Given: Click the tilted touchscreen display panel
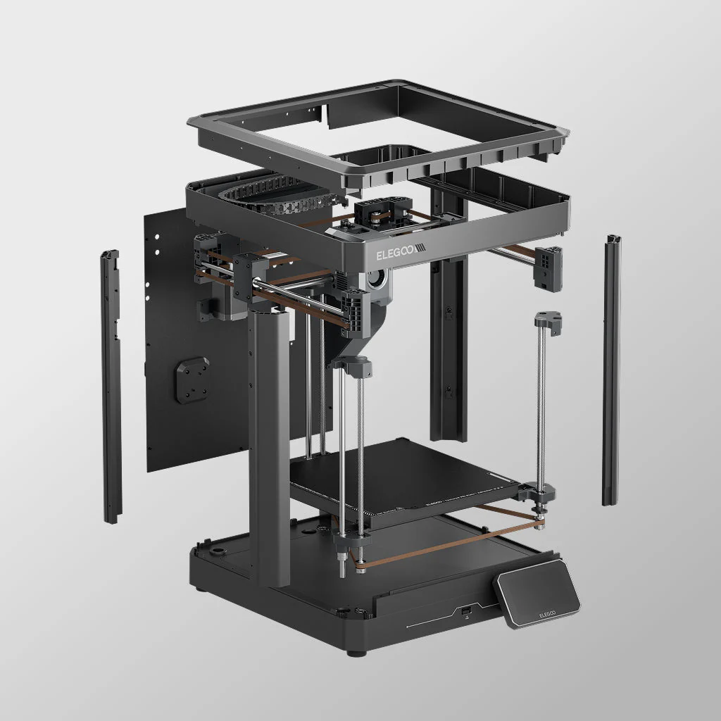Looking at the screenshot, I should tap(537, 599).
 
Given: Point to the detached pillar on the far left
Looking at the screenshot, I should tap(111, 387).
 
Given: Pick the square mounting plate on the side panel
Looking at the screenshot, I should tap(192, 380).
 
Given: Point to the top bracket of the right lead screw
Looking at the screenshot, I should tap(547, 323).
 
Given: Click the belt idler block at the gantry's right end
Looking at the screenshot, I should tap(548, 268).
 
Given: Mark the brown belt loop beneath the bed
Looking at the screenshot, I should tap(451, 539).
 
